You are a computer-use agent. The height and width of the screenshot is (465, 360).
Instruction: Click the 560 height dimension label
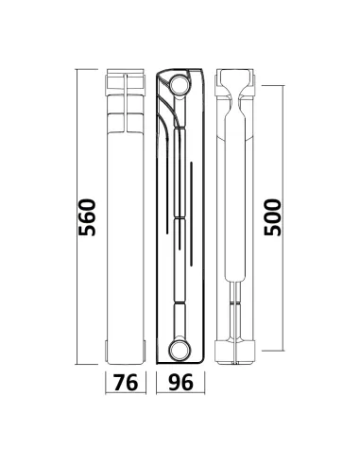87,217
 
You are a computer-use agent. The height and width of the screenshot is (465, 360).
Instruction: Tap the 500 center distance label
272,217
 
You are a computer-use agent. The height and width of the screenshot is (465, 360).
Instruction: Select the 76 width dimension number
126,383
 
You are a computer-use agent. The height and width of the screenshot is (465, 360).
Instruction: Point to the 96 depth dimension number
180,383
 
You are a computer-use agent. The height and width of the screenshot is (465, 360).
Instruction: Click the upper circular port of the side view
180,84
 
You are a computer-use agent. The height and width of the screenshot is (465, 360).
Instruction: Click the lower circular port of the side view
180,350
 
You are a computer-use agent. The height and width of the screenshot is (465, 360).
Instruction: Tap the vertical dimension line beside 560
77,216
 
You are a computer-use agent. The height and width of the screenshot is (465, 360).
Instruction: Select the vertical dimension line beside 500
283,218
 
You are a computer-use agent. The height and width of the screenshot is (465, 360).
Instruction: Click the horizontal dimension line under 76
126,393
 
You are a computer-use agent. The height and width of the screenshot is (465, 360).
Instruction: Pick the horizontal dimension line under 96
180,393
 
